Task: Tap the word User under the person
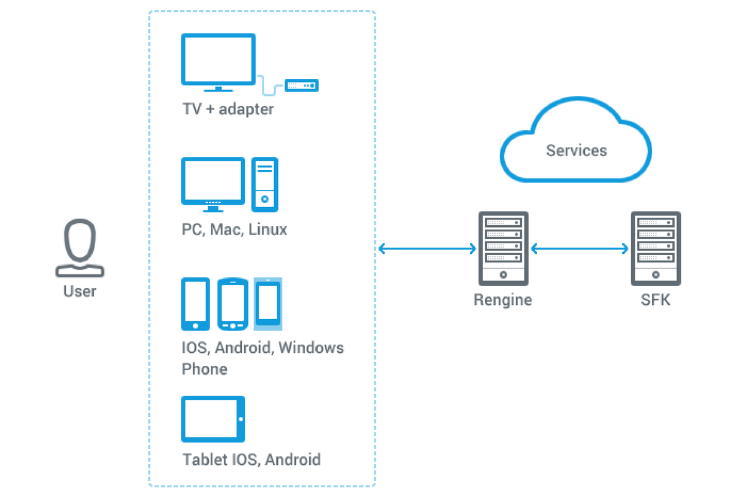(x=80, y=291)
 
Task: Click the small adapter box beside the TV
(x=302, y=85)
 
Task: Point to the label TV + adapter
(x=228, y=110)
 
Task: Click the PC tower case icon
(x=265, y=184)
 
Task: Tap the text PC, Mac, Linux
(x=234, y=230)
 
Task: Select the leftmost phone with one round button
(x=195, y=304)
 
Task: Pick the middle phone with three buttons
(x=233, y=304)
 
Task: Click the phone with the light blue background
(x=268, y=303)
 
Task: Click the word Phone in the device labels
(x=205, y=369)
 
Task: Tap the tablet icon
(x=213, y=419)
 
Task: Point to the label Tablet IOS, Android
(x=251, y=460)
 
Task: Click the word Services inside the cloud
(x=576, y=151)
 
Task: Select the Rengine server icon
(x=503, y=248)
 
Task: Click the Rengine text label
(x=503, y=300)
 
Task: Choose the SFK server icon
(x=655, y=248)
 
